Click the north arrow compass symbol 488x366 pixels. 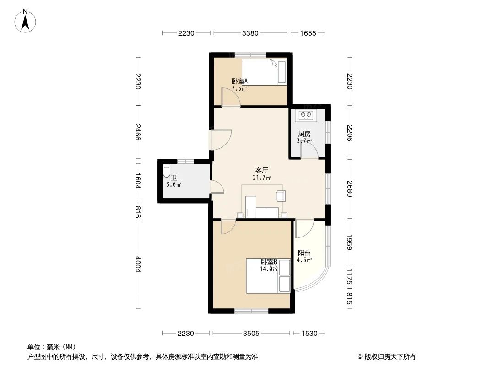26,20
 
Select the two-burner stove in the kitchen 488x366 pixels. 305,115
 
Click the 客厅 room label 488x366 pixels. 261,170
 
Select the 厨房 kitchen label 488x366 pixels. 304,134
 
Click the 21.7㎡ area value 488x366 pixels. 261,178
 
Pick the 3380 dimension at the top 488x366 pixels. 250,33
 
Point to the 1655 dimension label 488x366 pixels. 309,33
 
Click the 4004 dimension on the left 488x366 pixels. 137,265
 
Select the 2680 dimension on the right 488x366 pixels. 350,188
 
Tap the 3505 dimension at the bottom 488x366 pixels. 252,334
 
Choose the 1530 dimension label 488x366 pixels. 309,334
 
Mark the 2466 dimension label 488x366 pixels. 137,134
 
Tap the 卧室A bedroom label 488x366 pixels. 239,81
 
